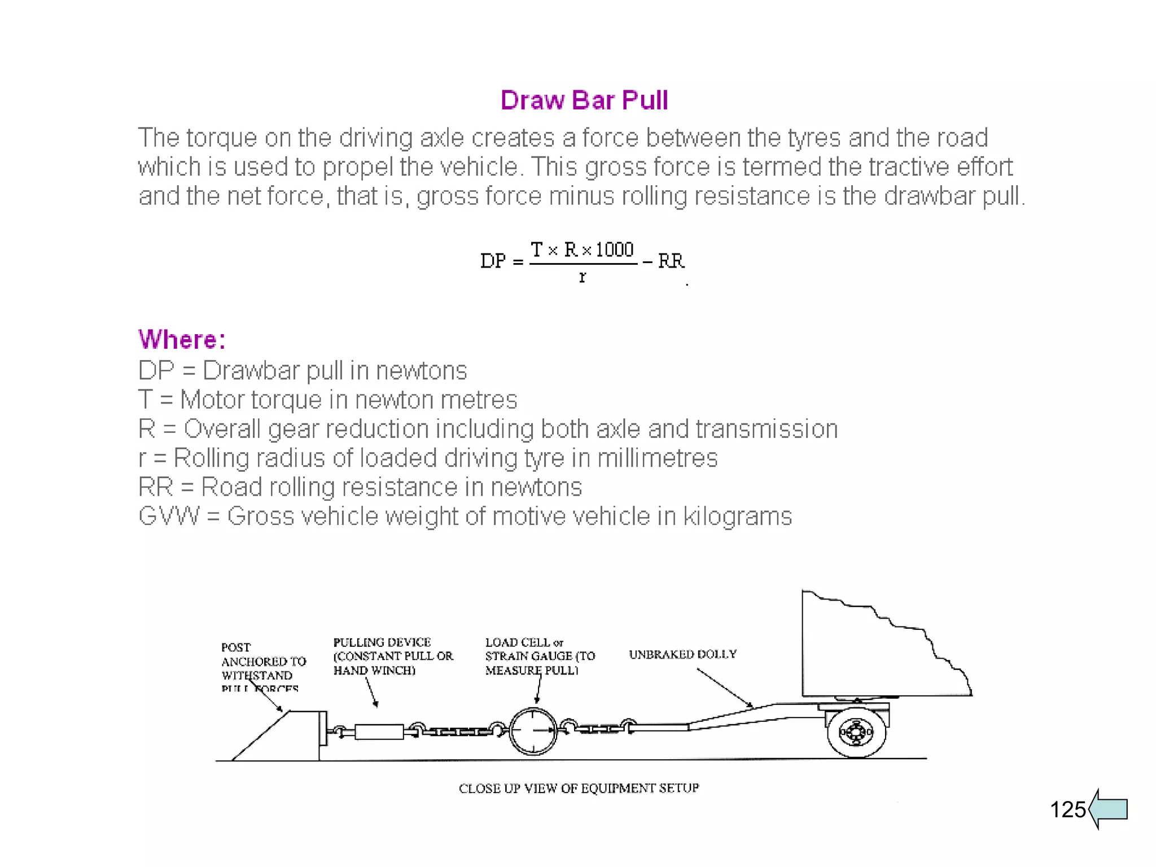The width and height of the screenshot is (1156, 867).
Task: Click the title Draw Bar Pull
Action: pyautogui.click(x=584, y=100)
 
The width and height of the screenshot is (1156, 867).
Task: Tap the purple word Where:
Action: pyautogui.click(x=182, y=340)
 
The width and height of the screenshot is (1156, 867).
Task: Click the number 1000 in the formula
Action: pyautogui.click(x=615, y=249)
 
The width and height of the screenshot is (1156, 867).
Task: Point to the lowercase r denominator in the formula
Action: pyautogui.click(x=583, y=277)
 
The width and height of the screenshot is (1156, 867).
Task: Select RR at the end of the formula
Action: pyautogui.click(x=671, y=261)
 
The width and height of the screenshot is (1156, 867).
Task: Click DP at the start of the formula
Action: pyautogui.click(x=493, y=261)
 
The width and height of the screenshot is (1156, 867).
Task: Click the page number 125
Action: pyautogui.click(x=1067, y=809)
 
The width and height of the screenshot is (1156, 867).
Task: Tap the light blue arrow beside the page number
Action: pyautogui.click(x=1109, y=809)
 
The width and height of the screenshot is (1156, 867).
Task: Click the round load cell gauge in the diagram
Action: pyautogui.click(x=533, y=731)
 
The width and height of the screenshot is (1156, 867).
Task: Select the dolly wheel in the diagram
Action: pyautogui.click(x=856, y=733)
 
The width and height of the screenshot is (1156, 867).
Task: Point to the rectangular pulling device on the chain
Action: pyautogui.click(x=379, y=732)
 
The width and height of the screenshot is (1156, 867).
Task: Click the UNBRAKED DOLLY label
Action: pyautogui.click(x=682, y=654)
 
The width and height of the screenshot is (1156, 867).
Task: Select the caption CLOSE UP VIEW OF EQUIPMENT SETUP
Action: pyautogui.click(x=579, y=788)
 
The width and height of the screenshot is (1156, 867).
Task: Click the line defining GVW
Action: pyautogui.click(x=465, y=516)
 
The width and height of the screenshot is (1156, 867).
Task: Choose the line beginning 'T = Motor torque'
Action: pyautogui.click(x=327, y=400)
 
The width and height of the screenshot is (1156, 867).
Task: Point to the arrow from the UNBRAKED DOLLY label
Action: pyautogui.click(x=725, y=688)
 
